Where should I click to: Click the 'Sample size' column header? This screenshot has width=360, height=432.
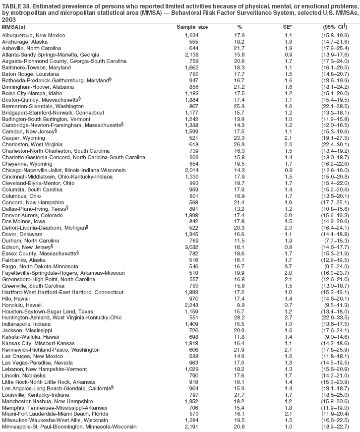[192, 27]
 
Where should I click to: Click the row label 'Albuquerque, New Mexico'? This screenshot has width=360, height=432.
[33, 36]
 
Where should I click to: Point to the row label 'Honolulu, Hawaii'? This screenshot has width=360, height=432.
[21, 305]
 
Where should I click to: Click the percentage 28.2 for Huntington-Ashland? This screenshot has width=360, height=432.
[240, 317]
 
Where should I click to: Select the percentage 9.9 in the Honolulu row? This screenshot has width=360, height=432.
[241, 305]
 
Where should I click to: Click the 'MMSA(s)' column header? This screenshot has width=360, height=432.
[14, 27]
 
